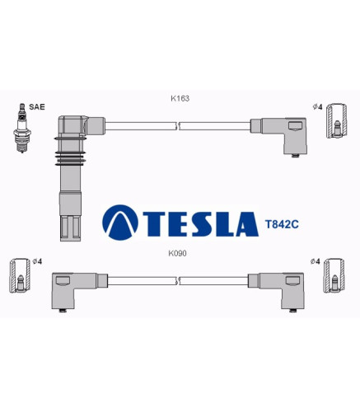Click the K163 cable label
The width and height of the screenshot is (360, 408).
tap(180, 98)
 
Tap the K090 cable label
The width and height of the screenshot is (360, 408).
tap(177, 253)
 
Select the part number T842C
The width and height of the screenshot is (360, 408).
tap(282, 224)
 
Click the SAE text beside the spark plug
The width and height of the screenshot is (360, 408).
tap(37, 107)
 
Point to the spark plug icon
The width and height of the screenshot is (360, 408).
tap(22, 128)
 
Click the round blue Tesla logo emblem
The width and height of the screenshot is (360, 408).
tap(120, 223)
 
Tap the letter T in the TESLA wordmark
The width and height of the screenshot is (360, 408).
tap(156, 224)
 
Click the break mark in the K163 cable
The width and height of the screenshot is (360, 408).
tap(177, 126)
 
